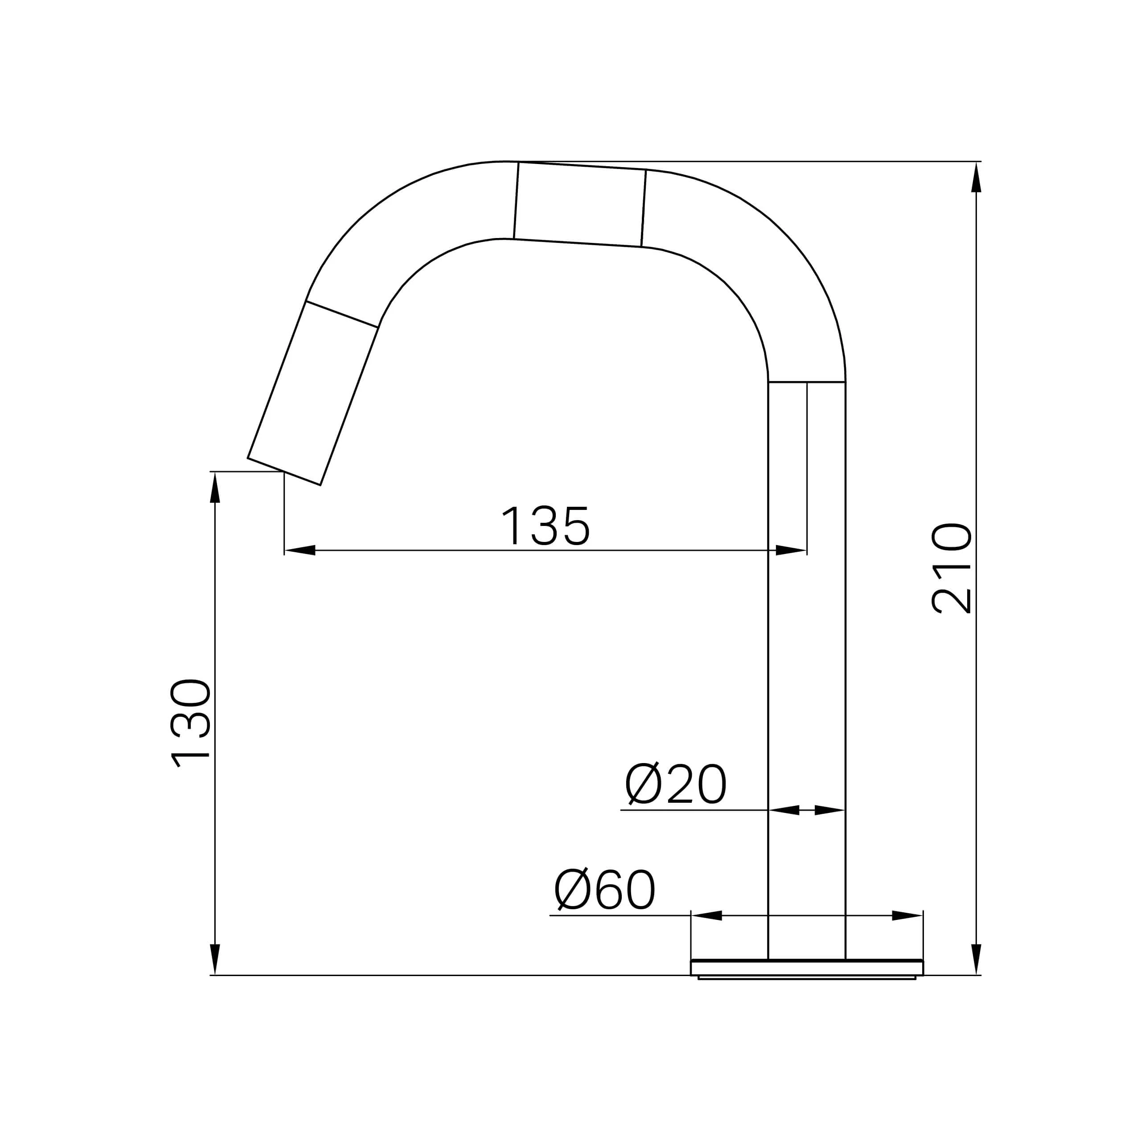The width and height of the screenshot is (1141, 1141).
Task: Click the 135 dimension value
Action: coord(545,525)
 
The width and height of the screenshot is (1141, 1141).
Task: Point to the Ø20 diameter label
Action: coord(676,784)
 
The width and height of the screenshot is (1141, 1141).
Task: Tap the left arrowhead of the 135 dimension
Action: coord(300,550)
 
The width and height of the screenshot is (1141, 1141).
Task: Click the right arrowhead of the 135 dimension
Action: coord(792,550)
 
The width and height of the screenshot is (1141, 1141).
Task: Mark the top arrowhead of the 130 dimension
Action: coord(215,487)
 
